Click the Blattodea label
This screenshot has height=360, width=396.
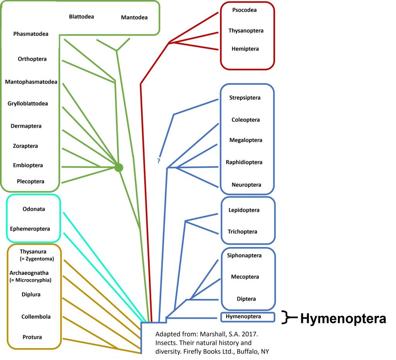(x=81, y=17)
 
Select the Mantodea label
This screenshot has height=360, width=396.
(x=134, y=17)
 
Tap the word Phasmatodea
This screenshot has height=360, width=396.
(x=31, y=34)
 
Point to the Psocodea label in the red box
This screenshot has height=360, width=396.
(x=244, y=10)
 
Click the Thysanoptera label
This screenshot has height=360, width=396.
(x=246, y=31)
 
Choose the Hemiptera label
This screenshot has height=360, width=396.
(x=245, y=49)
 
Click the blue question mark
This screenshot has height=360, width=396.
(x=159, y=161)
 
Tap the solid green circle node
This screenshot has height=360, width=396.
(x=119, y=167)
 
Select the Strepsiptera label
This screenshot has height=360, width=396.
(x=244, y=98)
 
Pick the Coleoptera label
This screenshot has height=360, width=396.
(x=246, y=120)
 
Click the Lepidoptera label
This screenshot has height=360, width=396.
(x=244, y=210)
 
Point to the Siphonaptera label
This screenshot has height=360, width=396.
(x=244, y=256)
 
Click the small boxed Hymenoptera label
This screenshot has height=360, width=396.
(x=243, y=317)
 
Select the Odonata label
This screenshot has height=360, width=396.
(x=34, y=209)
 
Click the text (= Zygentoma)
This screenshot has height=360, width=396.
(x=37, y=259)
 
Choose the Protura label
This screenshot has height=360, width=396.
(x=32, y=337)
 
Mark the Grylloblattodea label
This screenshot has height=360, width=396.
(x=28, y=104)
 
